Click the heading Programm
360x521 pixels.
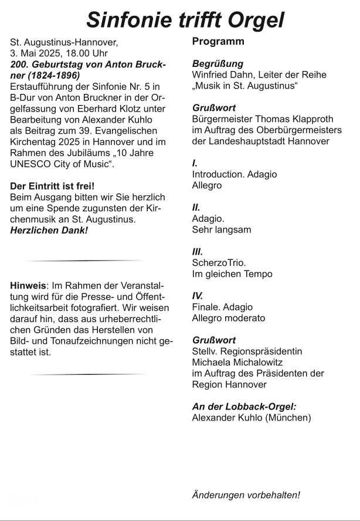point(218,42)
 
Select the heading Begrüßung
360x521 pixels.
point(218,63)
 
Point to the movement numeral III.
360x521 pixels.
point(198,252)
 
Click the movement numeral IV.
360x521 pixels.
point(198,296)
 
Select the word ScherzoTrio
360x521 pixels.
point(219,263)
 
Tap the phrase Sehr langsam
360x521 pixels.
point(221,229)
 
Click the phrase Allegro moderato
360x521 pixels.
point(228,318)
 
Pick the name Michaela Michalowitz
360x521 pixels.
point(237,362)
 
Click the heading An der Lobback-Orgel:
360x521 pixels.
point(244,407)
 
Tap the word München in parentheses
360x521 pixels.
point(288,418)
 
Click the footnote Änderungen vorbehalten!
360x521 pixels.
point(246,495)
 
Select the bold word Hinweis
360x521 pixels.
point(28,286)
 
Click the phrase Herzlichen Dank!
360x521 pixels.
point(49,231)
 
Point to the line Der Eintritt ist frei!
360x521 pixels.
point(52,186)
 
